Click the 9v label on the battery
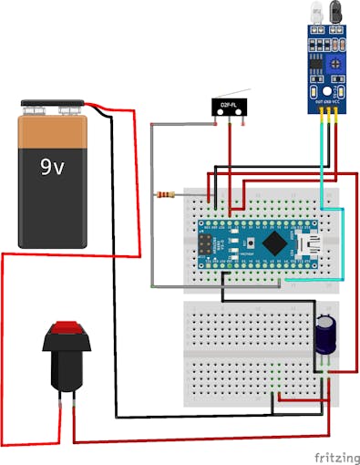(x=51, y=168)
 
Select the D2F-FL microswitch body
(x=229, y=107)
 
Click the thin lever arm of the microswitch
(x=235, y=92)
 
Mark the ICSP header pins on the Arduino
(x=208, y=244)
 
